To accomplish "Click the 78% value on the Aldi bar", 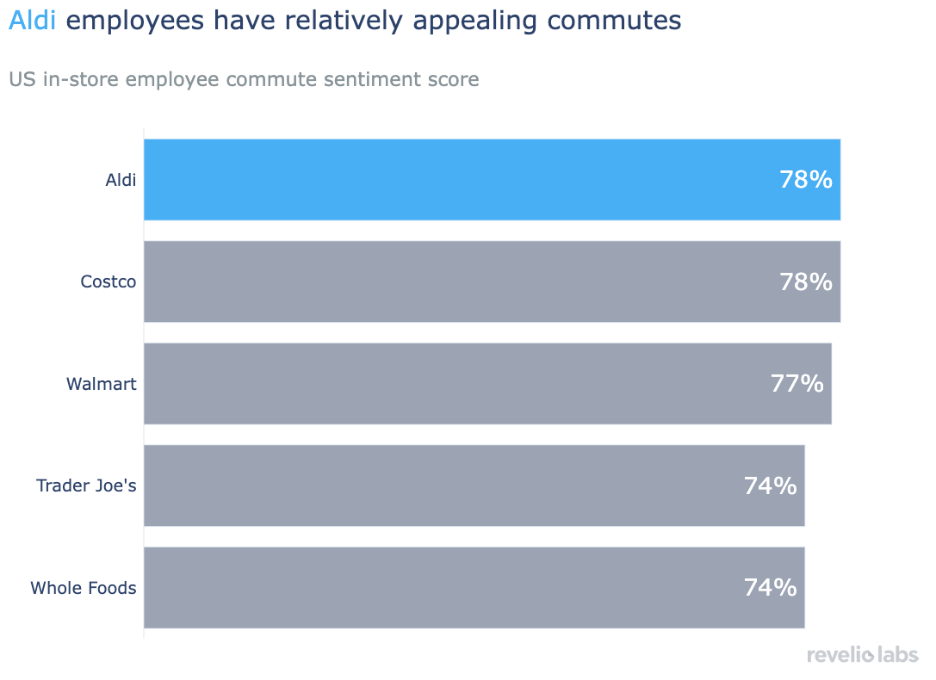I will tap(806, 180).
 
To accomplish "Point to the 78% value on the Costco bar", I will tap(806, 281).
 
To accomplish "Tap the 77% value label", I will tap(797, 384).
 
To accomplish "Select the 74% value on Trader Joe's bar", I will tap(771, 485).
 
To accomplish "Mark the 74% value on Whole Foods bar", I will tap(771, 588).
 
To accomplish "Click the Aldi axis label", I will tap(121, 180).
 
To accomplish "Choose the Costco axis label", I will tap(108, 281).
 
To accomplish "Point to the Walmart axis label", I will tap(102, 384).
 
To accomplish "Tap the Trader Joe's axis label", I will tap(86, 485).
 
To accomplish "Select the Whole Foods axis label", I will tap(84, 588).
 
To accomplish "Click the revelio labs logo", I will tap(862, 656).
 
